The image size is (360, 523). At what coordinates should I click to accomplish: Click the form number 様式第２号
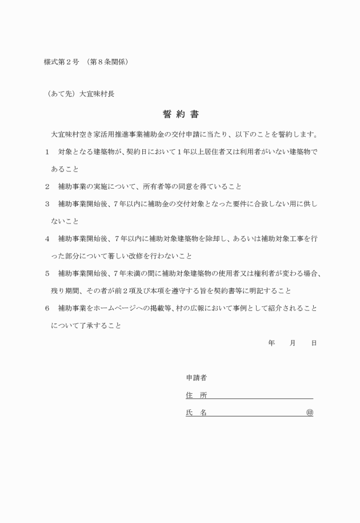(61, 62)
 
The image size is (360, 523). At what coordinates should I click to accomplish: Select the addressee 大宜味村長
(97, 94)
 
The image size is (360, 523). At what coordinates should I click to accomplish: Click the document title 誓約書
(180, 114)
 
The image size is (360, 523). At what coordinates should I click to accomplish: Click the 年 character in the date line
(271, 343)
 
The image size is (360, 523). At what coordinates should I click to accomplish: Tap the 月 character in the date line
(293, 343)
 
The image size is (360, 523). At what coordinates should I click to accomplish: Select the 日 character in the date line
(314, 343)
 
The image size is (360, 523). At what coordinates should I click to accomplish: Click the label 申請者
(196, 378)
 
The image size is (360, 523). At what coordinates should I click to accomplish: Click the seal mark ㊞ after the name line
(309, 412)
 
